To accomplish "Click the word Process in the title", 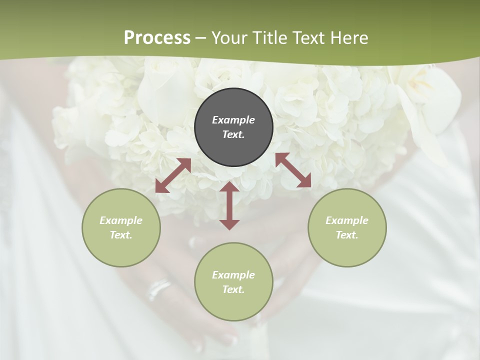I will (157, 38).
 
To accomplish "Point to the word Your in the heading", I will (228, 38).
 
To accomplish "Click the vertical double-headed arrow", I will (229, 205).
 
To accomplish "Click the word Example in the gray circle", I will (233, 120).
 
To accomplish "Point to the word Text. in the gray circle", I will (233, 134).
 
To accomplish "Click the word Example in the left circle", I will (121, 220).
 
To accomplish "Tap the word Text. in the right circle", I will (347, 235).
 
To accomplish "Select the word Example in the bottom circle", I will (233, 275).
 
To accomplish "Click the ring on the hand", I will (158, 288).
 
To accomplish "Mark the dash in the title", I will (201, 38).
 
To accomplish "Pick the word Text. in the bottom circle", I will (233, 289).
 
